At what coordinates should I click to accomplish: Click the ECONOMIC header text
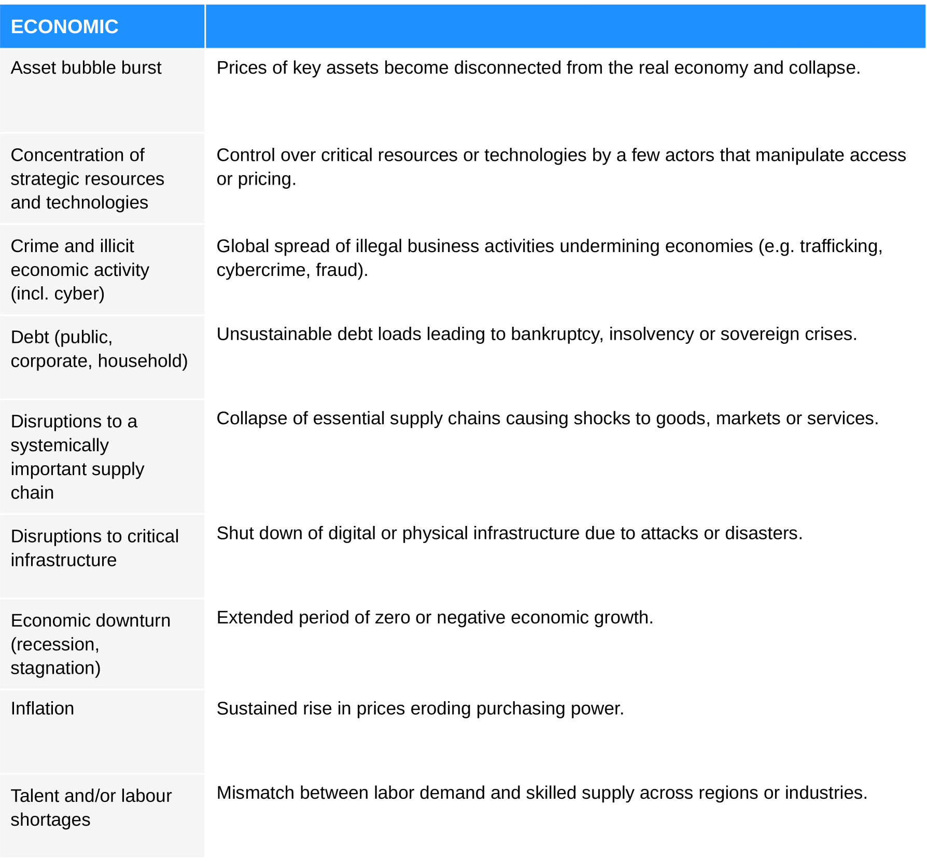click(64, 26)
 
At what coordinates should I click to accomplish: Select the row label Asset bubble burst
click(86, 67)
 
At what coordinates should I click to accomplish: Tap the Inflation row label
click(43, 708)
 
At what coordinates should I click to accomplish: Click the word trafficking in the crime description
click(840, 246)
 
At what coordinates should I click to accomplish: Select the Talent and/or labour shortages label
click(91, 807)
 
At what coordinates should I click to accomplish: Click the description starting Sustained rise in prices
click(420, 708)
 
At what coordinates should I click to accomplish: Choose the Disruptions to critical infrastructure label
click(94, 548)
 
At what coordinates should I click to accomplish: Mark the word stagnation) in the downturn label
click(55, 668)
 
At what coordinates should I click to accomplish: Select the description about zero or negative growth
click(434, 617)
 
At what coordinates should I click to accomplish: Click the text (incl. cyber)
click(58, 294)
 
